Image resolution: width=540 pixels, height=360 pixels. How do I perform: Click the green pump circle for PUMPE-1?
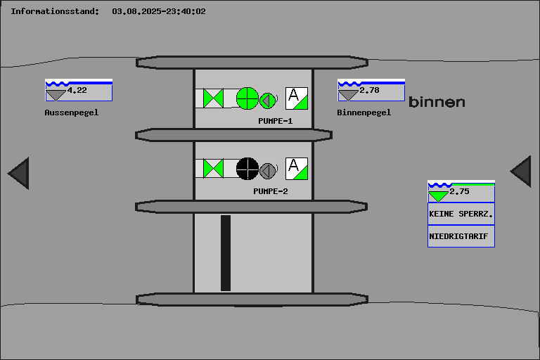(x=247, y=98)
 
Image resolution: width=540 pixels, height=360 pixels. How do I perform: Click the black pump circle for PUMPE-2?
(x=247, y=169)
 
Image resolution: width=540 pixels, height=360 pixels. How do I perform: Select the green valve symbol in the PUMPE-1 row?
(x=213, y=98)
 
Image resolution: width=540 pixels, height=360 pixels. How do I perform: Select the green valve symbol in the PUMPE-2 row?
(x=213, y=169)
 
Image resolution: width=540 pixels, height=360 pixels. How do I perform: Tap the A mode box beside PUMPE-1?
(x=297, y=98)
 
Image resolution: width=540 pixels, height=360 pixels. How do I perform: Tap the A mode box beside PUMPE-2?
(x=297, y=169)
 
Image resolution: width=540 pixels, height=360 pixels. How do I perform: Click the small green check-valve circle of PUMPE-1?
(x=268, y=101)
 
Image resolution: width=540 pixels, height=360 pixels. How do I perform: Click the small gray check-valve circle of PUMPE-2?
(x=268, y=171)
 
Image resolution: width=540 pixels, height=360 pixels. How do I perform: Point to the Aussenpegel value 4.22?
(x=77, y=90)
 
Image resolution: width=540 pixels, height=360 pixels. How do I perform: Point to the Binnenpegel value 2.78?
(x=370, y=90)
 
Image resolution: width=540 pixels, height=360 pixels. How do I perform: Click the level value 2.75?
(x=459, y=191)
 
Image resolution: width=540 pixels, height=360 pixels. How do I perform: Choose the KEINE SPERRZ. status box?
(x=461, y=214)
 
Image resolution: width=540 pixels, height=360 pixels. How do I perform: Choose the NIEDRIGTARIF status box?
(x=461, y=236)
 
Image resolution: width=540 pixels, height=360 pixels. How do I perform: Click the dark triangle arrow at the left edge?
(x=20, y=173)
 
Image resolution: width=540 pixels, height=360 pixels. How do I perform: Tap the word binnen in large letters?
(x=437, y=102)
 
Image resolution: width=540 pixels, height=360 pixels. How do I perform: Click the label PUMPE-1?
(x=276, y=121)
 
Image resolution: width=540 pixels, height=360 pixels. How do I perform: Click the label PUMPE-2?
(x=271, y=191)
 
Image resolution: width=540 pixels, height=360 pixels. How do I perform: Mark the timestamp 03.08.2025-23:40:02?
(x=159, y=11)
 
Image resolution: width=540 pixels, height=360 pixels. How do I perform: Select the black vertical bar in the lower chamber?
(x=226, y=253)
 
